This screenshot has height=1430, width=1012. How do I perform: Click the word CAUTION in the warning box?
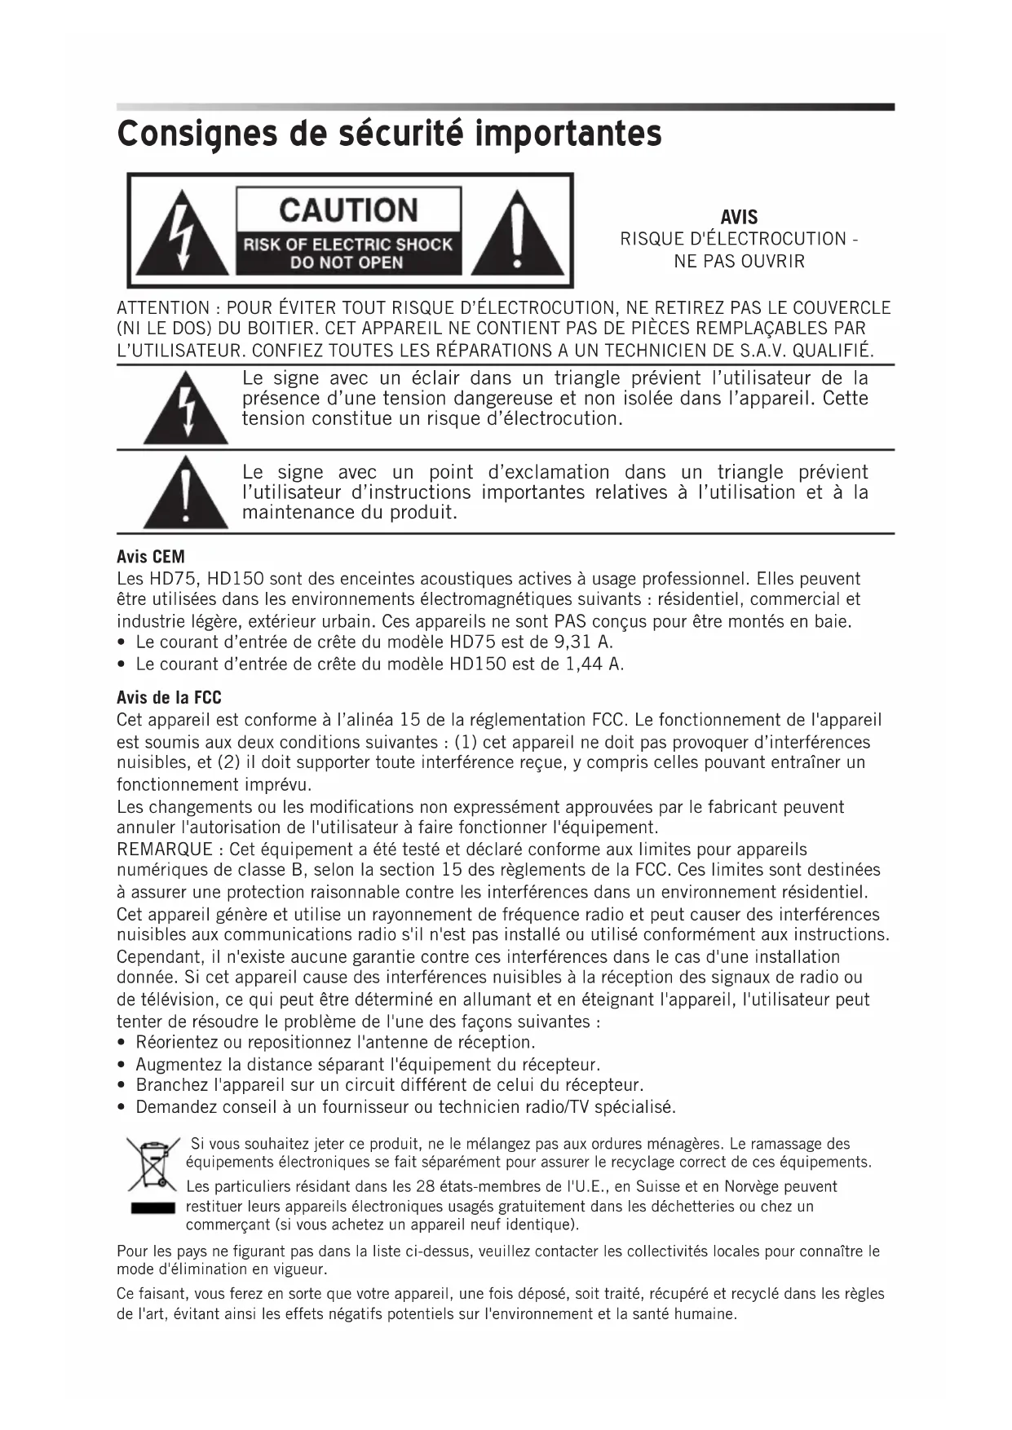pos(348,210)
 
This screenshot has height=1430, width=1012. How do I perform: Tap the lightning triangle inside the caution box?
pos(183,236)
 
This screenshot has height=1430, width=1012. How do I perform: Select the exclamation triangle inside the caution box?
pos(517,236)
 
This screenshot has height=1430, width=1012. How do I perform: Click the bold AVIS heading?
pos(739,218)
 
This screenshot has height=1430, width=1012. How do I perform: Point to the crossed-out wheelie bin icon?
pos(152,1163)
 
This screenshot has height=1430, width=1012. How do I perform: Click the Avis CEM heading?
pos(151,557)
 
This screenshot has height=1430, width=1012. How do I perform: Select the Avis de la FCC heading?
pos(169,698)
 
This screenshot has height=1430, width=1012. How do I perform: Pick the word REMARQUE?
pos(165,850)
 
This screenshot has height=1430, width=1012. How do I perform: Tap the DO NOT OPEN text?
pos(347,263)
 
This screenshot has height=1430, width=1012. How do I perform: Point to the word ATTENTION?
pos(163,308)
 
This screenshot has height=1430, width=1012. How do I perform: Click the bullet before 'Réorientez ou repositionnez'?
pos(122,1043)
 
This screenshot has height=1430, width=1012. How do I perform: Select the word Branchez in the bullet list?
pos(172,1085)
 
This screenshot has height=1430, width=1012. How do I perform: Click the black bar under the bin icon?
pos(152,1207)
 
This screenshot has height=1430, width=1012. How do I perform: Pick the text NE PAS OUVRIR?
pos(739,262)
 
